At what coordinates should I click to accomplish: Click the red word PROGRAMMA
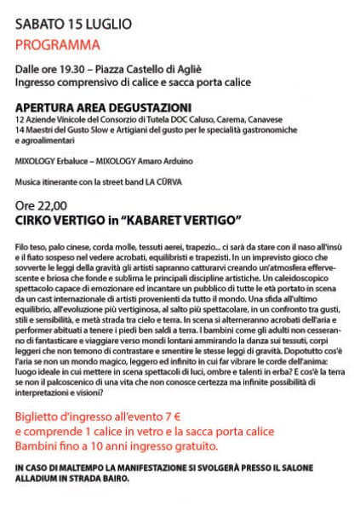tap(57, 44)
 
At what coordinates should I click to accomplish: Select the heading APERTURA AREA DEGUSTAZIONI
tap(103, 107)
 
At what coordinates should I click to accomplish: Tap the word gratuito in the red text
tap(193, 446)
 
